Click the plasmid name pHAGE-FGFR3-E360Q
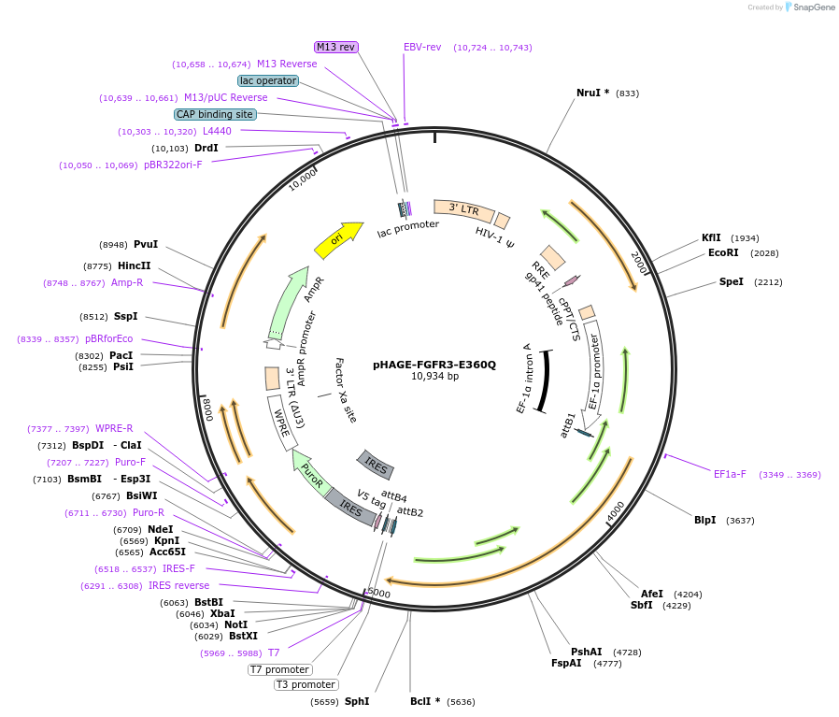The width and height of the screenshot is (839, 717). point(434,365)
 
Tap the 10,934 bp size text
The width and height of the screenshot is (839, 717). point(434,377)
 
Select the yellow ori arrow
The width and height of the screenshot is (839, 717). point(338,240)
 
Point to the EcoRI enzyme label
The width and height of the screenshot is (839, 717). point(723,252)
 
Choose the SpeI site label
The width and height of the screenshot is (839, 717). point(731,281)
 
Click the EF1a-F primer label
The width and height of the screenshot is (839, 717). point(730,474)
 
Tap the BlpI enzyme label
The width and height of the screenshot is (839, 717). point(704,520)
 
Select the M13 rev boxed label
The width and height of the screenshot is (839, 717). point(336,47)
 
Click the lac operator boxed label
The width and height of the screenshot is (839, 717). point(268,80)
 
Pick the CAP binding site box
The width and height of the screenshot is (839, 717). point(215,114)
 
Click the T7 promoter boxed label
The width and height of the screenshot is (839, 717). point(279,669)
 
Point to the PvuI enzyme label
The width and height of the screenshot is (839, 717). point(145,244)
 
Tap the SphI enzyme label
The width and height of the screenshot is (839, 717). point(357,700)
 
